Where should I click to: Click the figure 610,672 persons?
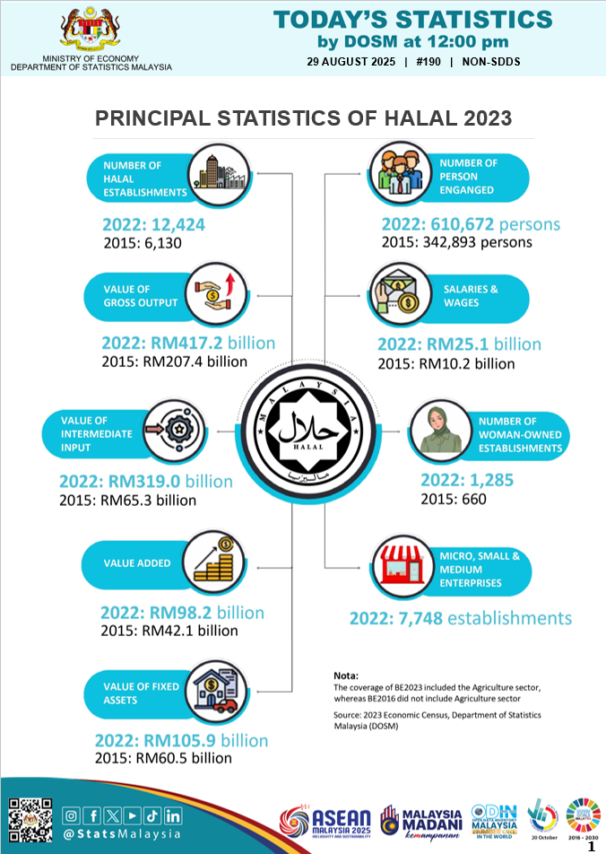[471, 224]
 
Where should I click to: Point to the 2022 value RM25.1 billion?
[459, 344]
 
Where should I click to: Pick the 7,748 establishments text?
[460, 618]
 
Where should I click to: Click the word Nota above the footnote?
[345, 675]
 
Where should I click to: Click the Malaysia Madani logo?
[420, 823]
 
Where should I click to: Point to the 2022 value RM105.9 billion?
[182, 740]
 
